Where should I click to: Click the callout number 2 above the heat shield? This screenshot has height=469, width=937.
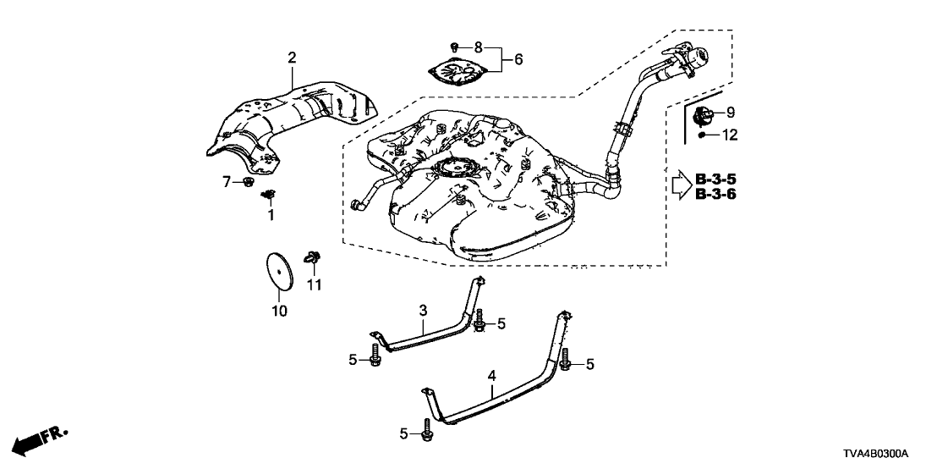(292, 58)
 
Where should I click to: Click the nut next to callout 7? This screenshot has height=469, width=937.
(248, 183)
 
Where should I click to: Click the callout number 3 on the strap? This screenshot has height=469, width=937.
(423, 312)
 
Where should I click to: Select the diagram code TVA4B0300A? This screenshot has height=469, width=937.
(889, 455)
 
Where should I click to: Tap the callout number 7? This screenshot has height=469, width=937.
(227, 181)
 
